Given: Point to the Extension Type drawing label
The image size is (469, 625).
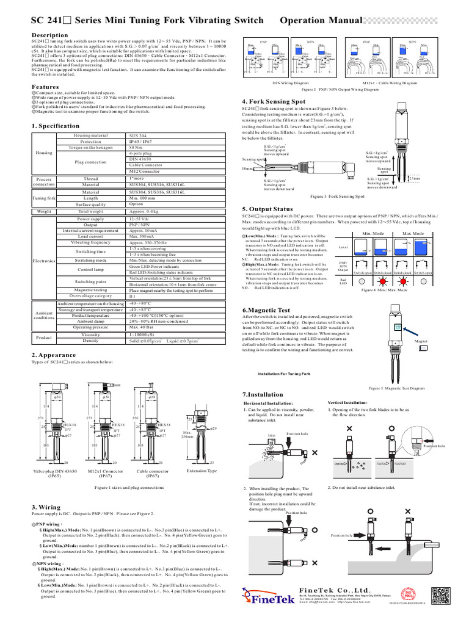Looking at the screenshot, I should click(x=202, y=471).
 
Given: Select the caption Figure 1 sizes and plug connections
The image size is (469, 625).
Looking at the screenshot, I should click(x=129, y=488).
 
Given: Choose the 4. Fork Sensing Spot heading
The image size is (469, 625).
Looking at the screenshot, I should click(x=274, y=101).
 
